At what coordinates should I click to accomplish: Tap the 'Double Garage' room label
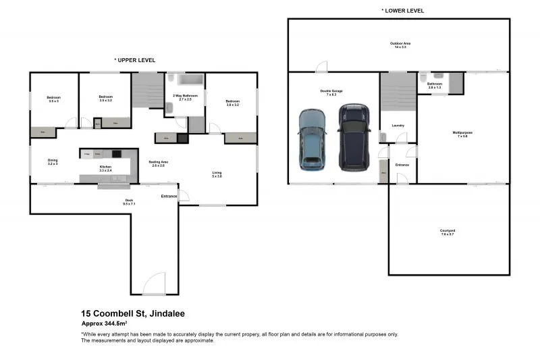[331, 92]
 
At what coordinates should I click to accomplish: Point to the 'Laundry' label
[398, 125]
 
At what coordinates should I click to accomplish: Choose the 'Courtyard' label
[448, 233]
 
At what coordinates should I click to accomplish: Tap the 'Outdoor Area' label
[403, 45]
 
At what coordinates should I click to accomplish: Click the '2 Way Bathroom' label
[186, 97]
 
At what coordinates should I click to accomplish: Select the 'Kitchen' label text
[105, 168]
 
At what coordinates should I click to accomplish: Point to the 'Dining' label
[53, 162]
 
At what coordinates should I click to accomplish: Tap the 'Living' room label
[217, 174]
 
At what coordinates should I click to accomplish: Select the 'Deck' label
[130, 201]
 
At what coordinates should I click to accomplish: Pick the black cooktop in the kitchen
[116, 154]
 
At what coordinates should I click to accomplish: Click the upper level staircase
[148, 90]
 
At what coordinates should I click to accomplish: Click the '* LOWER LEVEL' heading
[403, 11]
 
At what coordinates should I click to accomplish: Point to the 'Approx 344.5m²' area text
[105, 324]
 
